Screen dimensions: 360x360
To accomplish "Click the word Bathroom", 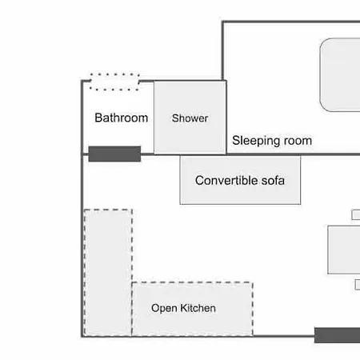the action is [122, 118].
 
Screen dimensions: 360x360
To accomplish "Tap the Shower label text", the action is [190, 118].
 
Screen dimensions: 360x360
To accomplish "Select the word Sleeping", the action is [256, 141].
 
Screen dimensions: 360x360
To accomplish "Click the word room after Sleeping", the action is [298, 141].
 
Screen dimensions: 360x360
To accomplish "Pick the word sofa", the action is [273, 181].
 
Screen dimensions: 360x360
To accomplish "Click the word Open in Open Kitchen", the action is [164, 309].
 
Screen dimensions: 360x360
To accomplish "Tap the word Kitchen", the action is [198, 308].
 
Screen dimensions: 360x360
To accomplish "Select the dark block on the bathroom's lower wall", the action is [114, 154].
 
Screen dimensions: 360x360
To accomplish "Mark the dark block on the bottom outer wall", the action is [337, 335].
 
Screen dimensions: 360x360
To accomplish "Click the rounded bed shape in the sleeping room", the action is [340, 74].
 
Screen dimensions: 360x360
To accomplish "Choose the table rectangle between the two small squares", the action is [344, 250].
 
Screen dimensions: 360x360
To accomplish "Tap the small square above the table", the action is [356, 215].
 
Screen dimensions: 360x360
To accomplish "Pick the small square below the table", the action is [358, 285].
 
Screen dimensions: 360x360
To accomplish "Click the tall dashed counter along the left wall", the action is [108, 273].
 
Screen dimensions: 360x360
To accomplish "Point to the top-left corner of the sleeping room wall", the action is [222, 22].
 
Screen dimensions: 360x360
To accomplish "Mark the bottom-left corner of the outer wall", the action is [82, 337].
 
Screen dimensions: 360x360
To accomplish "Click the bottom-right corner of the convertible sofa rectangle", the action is [301, 204].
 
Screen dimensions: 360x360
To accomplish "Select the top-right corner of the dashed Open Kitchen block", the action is [253, 282].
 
